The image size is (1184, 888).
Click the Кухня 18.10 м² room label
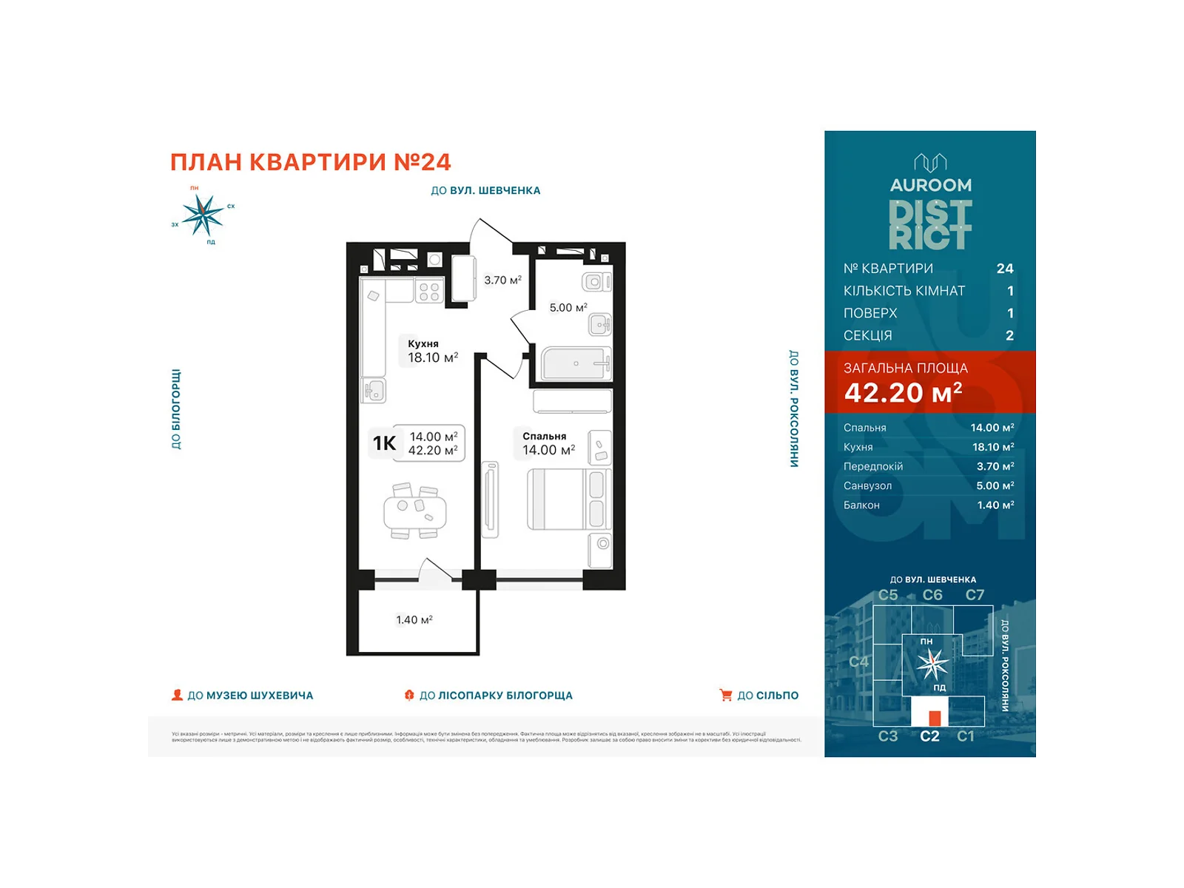432,351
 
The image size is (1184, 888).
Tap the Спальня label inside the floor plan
544,436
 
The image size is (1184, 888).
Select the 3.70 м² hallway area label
502,280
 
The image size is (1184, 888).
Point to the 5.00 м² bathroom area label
568,307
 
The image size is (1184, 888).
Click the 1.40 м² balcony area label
414,619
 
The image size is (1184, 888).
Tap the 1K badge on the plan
384,443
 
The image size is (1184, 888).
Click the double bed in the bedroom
567,499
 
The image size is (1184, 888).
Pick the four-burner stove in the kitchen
429,292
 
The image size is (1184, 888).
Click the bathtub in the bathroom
576,363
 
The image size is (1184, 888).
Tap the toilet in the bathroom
596,282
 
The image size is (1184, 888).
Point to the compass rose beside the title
203,215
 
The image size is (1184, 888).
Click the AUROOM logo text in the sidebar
930,185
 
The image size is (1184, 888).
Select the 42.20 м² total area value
903,392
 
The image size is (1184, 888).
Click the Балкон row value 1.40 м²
995,505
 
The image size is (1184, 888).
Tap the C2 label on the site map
929,736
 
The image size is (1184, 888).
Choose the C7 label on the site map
975,595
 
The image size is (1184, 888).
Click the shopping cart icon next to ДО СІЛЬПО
726,695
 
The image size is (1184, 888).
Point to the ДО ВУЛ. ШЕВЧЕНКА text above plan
485,190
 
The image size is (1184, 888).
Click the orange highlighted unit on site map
935,717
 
